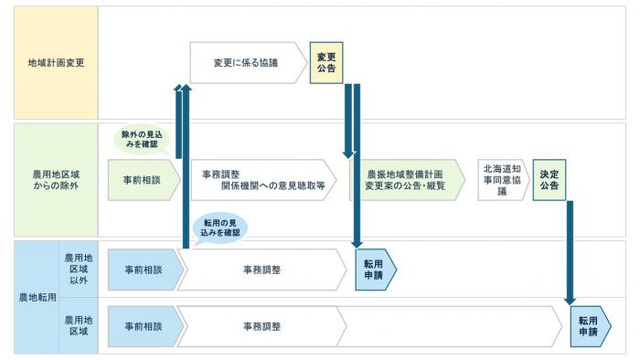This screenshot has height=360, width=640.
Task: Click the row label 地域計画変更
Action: [x=48, y=63]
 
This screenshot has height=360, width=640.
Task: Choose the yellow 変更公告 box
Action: [x=326, y=63]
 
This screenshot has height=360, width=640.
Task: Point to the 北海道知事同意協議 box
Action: [x=502, y=180]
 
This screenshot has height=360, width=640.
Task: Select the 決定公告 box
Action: [x=549, y=180]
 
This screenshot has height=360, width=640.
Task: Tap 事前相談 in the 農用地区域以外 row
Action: [x=143, y=270]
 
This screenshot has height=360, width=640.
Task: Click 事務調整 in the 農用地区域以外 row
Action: [x=261, y=270]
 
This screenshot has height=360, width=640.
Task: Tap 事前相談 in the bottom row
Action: [x=143, y=326]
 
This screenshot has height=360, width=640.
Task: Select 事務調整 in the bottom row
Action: [x=261, y=326]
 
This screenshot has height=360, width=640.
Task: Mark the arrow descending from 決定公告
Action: [x=570, y=251]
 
